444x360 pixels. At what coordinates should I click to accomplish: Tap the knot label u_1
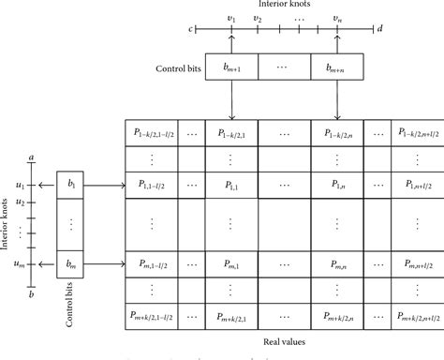(19, 186)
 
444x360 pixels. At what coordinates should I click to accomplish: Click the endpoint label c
(190, 30)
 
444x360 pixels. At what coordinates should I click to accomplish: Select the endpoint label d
(379, 30)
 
